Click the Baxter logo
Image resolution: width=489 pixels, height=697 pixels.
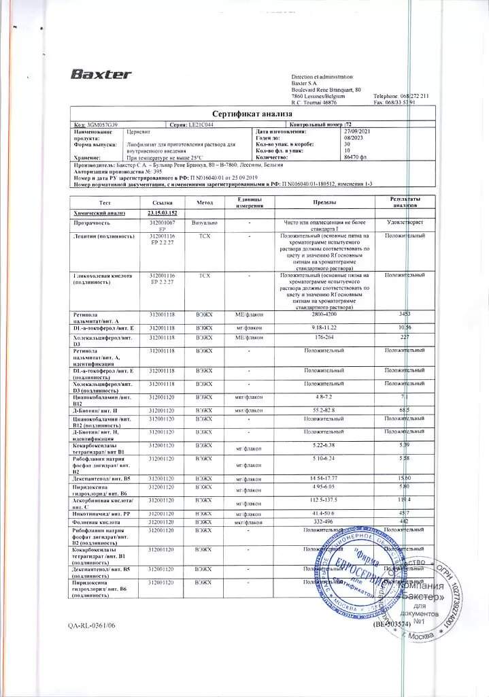[x=101, y=74]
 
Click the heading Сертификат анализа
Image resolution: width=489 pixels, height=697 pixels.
[x=244, y=114]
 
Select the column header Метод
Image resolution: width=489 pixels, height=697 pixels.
[x=205, y=203]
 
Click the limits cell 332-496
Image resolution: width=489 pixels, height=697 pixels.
[x=324, y=521]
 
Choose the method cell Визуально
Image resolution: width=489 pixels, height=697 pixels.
[x=205, y=223]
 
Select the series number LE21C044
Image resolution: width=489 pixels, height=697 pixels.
[x=205, y=125]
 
